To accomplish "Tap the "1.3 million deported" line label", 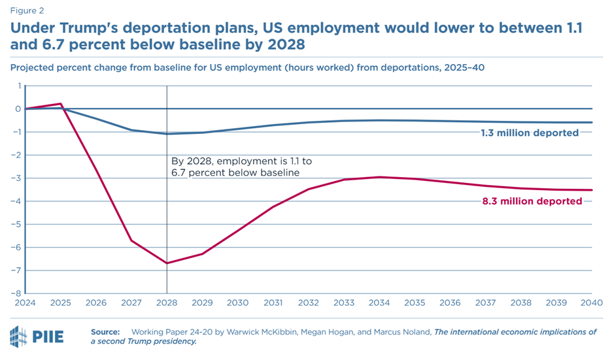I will click(530, 133).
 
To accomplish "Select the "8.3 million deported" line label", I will click(530, 201).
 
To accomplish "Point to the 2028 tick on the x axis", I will click(167, 303).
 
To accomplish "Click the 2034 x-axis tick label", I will click(379, 303).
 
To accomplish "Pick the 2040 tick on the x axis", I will click(591, 303).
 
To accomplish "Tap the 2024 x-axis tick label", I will click(25, 303).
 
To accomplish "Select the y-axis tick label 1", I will click(19, 86).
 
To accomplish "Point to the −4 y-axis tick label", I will click(16, 201).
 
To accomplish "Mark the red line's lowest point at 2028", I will click(167, 263).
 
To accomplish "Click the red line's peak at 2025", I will click(61, 103).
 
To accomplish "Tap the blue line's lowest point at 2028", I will click(167, 134).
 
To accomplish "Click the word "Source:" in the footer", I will click(105, 332).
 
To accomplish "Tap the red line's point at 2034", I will click(379, 177).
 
